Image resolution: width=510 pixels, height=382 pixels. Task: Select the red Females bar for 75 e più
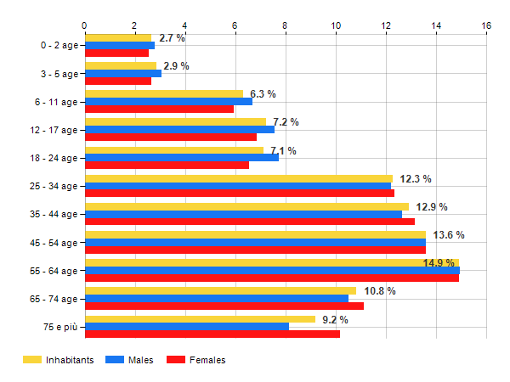tap(212, 334)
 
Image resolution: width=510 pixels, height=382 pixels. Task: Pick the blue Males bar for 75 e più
tap(186, 326)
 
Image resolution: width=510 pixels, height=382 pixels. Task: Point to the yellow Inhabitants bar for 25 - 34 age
tap(238, 178)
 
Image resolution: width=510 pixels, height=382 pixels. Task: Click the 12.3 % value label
tap(416, 179)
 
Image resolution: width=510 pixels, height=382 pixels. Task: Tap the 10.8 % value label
tap(380, 291)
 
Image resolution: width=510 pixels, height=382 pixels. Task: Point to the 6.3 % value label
tap(263, 94)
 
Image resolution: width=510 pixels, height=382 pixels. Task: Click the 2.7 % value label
tap(172, 38)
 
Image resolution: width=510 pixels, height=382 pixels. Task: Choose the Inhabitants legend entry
tap(59, 360)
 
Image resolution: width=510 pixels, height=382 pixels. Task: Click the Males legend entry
tap(131, 360)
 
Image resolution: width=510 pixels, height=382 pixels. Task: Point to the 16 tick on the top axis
tap(486, 25)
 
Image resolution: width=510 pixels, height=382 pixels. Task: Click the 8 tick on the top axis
tap(286, 25)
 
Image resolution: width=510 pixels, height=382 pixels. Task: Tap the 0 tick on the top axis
tap(84, 25)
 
